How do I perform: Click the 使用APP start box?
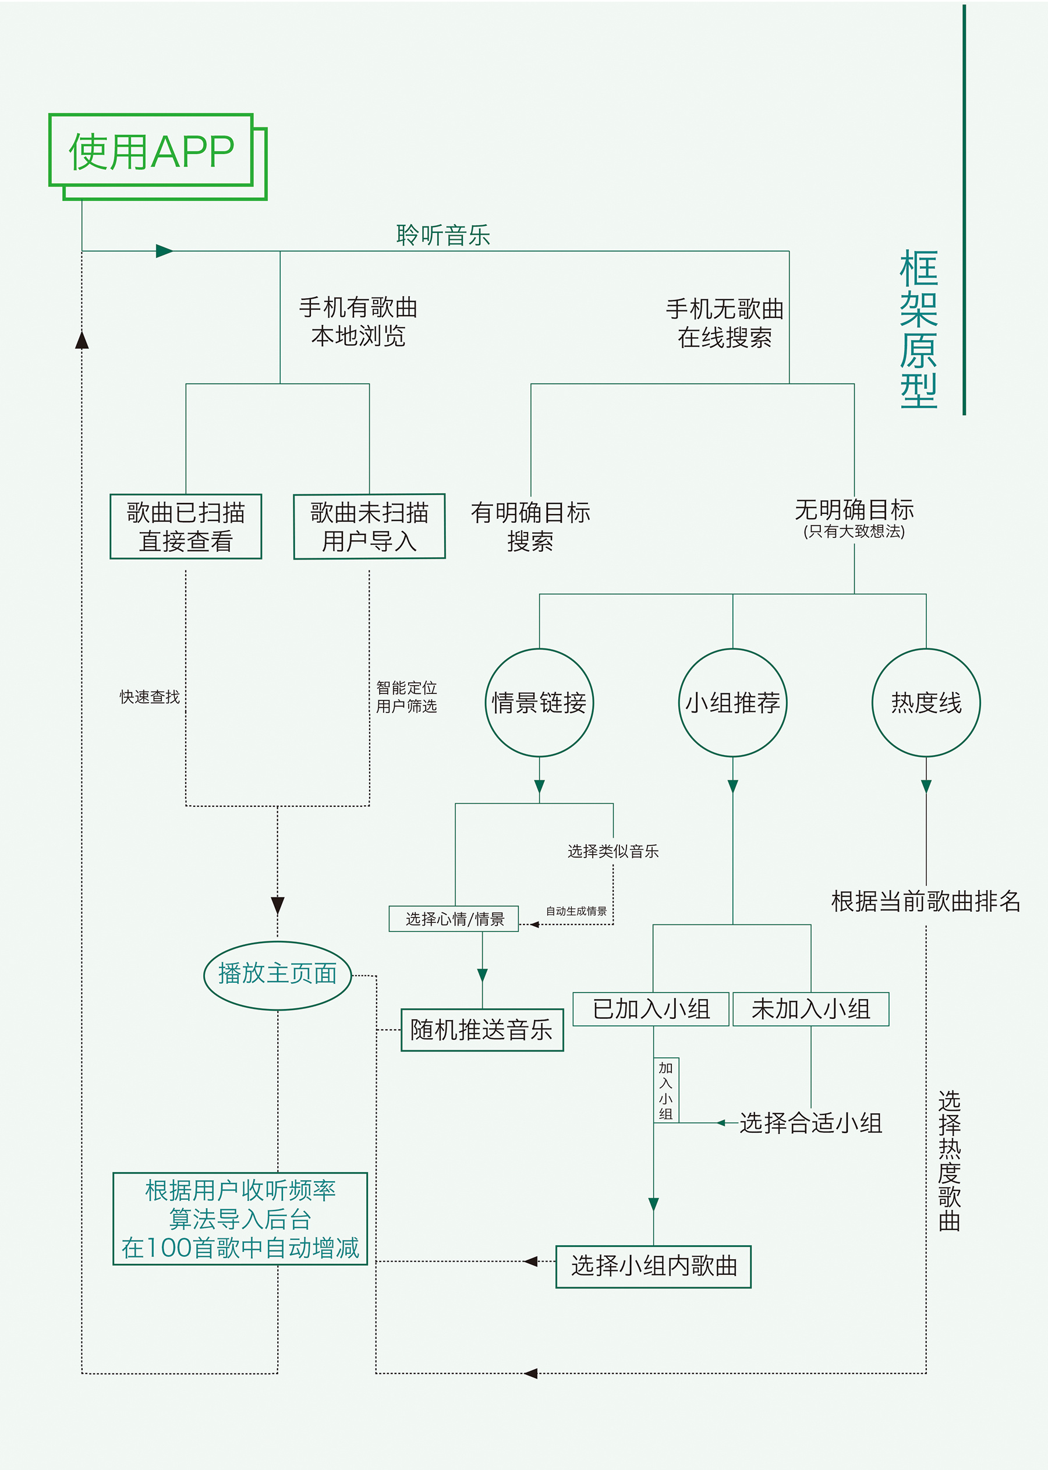pyautogui.click(x=151, y=151)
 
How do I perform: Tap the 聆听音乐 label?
pyautogui.click(x=442, y=235)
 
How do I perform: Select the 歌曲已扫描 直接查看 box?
pyautogui.click(x=186, y=526)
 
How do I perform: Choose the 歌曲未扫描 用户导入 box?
pyautogui.click(x=369, y=526)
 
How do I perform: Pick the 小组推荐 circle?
pyautogui.click(x=732, y=702)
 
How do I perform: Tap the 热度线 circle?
pyautogui.click(x=926, y=702)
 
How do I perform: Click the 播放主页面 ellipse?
pyautogui.click(x=278, y=974)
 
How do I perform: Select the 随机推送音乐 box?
pyautogui.click(x=482, y=1030)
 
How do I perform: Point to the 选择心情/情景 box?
pyautogui.click(x=454, y=919)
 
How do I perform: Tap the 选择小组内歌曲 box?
pyautogui.click(x=653, y=1267)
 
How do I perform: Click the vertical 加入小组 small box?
pyautogui.click(x=666, y=1090)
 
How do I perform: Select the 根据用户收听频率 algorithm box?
pyautogui.click(x=240, y=1219)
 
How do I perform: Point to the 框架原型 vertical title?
pyautogui.click(x=918, y=329)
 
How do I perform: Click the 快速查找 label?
pyautogui.click(x=150, y=697)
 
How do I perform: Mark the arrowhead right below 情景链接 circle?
pyautogui.click(x=540, y=786)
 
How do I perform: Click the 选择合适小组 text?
pyautogui.click(x=810, y=1124)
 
